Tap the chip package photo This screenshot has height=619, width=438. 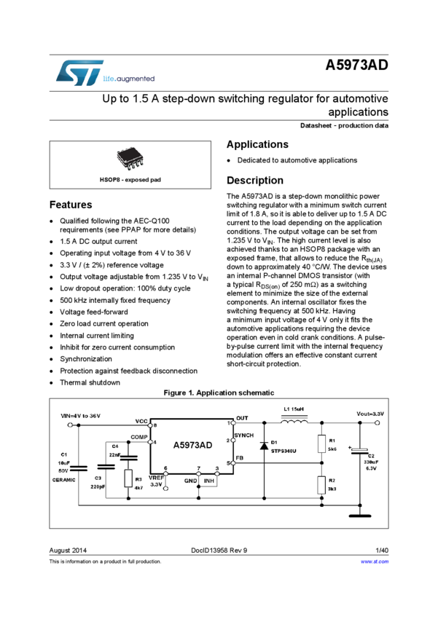coord(130,159)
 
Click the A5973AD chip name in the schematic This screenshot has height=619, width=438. coord(192,445)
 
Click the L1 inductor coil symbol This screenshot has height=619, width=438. coord(293,425)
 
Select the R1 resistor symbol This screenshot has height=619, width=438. coord(321,443)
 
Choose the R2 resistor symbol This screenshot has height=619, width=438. coord(321,484)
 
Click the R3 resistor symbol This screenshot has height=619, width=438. coord(129,478)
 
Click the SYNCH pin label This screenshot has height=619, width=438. coord(243,435)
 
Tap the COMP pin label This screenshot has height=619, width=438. coord(139,437)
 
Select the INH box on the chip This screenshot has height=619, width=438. coord(209,481)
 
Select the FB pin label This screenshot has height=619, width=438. coord(240,458)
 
